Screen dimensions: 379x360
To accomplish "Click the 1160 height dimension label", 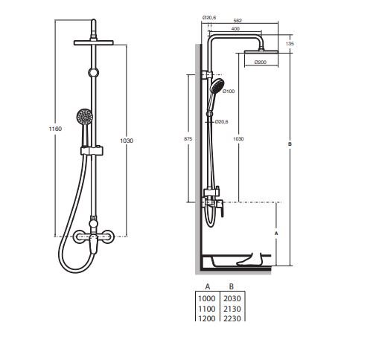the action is tap(55, 129).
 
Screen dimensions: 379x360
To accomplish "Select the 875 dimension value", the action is tap(188, 139).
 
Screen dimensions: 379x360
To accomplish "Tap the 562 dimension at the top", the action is tap(238, 21).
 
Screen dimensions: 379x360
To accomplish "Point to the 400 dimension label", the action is tap(235, 29).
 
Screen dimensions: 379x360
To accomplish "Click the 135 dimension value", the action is tap(290, 44).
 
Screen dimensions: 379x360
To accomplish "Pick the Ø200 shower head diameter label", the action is tap(261, 62).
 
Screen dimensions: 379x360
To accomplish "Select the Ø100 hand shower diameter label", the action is tap(229, 91).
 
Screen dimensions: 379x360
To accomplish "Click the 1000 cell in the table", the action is tap(206, 298).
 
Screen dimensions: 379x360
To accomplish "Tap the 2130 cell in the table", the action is tap(232, 309).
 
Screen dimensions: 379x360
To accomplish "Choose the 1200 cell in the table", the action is tap(206, 318).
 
